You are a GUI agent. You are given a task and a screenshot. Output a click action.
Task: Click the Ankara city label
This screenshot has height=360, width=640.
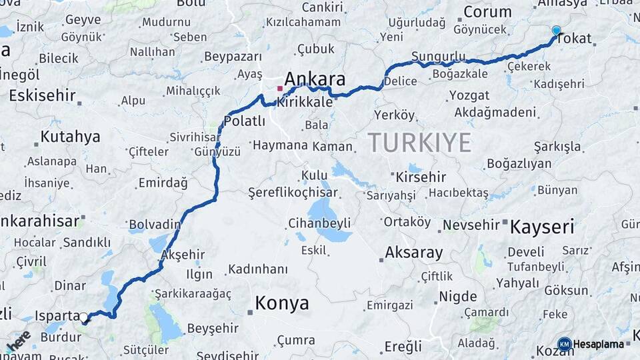coord(315,80)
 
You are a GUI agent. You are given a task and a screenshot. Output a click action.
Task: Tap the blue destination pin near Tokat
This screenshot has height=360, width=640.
coord(556,31)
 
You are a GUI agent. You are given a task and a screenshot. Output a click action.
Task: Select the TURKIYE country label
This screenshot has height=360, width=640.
coord(419,142)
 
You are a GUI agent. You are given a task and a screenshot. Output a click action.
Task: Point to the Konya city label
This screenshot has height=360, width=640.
coord(282,304)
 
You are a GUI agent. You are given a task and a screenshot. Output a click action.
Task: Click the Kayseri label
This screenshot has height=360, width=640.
coord(542,227)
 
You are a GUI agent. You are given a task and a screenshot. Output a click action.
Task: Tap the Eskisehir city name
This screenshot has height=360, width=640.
coord(43,95)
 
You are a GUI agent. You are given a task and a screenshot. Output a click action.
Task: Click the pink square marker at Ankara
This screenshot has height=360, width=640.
coord(280,88)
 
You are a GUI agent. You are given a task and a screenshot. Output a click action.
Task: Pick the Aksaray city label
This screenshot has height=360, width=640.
coord(414,253)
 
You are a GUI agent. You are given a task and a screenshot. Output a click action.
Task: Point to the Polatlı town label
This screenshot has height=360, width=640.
coord(244,121)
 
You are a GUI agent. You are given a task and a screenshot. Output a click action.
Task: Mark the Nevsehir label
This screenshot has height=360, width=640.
coord(471,225)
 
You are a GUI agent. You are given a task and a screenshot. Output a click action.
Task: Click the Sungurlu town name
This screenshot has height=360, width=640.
coord(438,55)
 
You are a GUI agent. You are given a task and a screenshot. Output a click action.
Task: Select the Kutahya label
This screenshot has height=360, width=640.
coord(70,137)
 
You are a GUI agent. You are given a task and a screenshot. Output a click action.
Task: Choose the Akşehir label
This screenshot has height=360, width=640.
coord(183,255)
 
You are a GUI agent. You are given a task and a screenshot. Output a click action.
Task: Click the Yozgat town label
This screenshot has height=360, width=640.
coord(469,95)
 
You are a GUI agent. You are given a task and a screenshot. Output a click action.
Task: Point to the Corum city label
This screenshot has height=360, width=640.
coord(487,12)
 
